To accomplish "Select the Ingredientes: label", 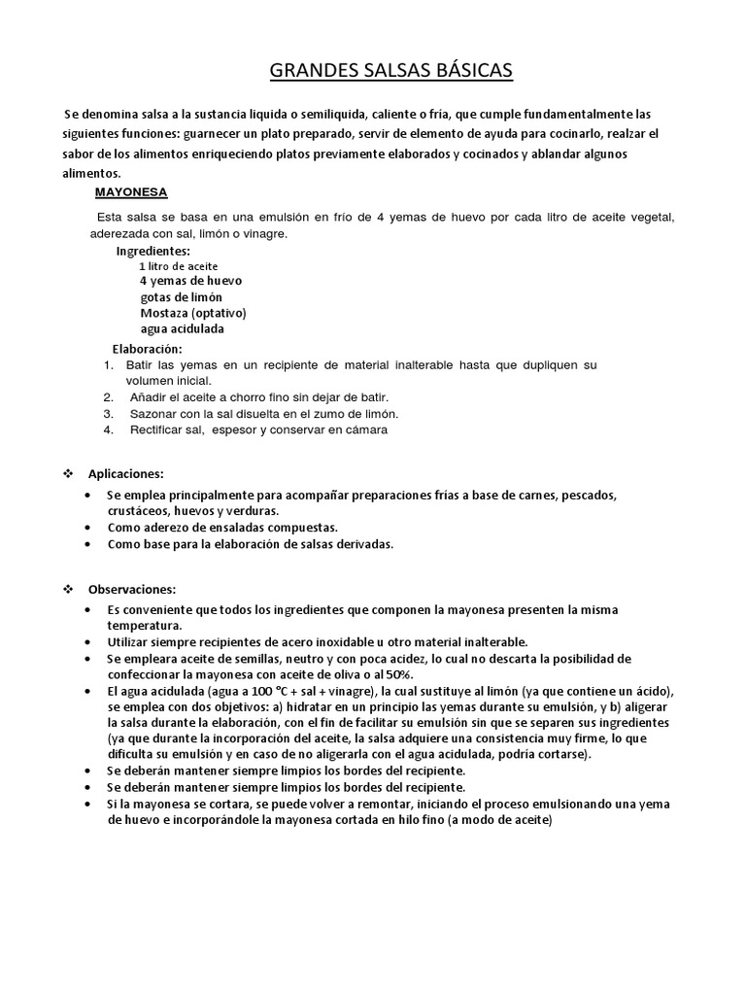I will (153, 251).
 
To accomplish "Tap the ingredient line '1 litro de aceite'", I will (179, 265).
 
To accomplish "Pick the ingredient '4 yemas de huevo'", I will (191, 281).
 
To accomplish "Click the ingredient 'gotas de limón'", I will (181, 297).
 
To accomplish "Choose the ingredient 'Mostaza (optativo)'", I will (193, 313).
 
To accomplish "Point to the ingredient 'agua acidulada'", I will (182, 328).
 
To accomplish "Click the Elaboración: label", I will (147, 349).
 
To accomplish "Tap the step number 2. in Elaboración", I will (109, 397).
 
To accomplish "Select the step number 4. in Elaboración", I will (109, 429).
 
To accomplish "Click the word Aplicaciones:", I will (126, 473).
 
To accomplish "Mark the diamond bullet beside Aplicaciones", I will (69, 473).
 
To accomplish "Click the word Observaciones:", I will (132, 589).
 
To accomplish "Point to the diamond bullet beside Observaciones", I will (69, 589).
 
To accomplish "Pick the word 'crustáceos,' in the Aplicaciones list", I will (140, 511).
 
